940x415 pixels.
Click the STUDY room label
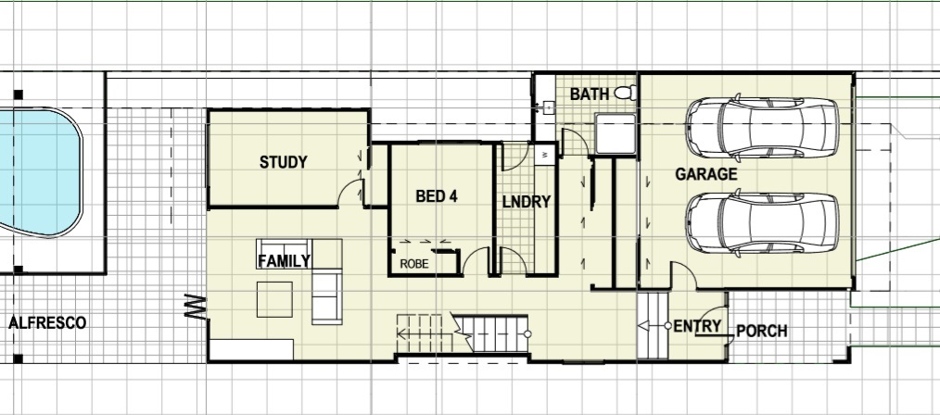pos(283,162)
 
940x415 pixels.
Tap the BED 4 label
pos(437,196)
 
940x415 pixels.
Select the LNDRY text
pos(527,203)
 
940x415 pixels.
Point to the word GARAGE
pos(706,174)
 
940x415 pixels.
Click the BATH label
pos(590,94)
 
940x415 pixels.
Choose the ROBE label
pos(414,263)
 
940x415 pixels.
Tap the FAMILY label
pos(285,261)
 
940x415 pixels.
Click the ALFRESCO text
pos(47,323)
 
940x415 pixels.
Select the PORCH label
pos(761,331)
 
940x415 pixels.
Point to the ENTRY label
pos(697,326)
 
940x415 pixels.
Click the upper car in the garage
pos(762,128)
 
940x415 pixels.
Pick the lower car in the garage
pos(762,222)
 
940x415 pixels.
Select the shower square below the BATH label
pos(615,133)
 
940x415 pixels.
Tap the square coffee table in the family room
pos(274,299)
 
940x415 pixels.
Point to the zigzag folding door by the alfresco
pos(196,306)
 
